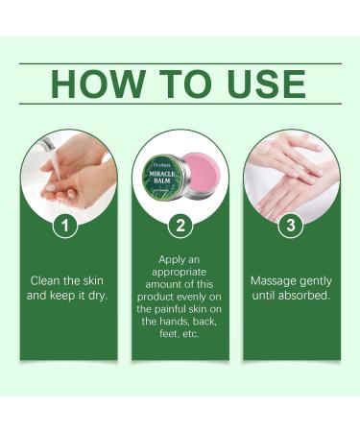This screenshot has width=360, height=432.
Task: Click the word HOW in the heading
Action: [92, 84]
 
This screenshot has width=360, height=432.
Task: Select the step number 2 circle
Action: [180, 228]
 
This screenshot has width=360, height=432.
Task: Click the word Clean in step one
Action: [46, 280]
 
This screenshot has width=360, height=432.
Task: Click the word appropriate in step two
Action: [180, 273]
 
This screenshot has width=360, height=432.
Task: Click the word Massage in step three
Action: [274, 280]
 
